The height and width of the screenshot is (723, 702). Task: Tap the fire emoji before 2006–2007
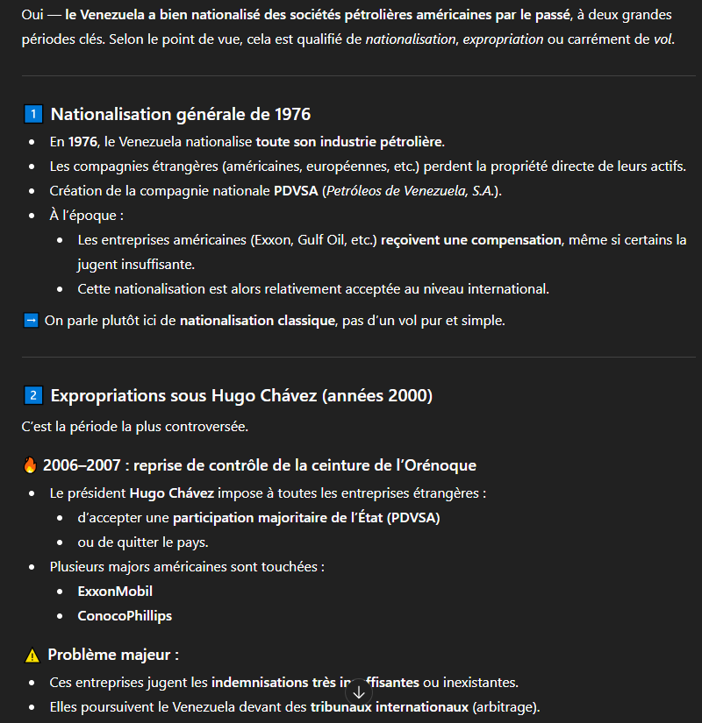(x=31, y=465)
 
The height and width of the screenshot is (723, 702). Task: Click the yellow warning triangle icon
(x=32, y=656)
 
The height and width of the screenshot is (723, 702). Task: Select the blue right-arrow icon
(x=31, y=321)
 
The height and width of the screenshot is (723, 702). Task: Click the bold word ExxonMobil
(x=115, y=592)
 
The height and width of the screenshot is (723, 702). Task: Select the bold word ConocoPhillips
(x=125, y=616)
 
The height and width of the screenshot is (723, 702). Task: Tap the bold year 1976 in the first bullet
(x=82, y=142)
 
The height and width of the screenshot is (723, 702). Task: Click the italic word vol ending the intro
(x=663, y=40)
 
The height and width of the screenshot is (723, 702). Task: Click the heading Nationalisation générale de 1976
(x=181, y=115)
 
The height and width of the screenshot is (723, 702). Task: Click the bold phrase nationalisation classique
(x=256, y=321)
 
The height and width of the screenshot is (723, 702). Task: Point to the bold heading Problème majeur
(x=113, y=656)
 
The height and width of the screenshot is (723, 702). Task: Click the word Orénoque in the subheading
(x=437, y=465)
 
